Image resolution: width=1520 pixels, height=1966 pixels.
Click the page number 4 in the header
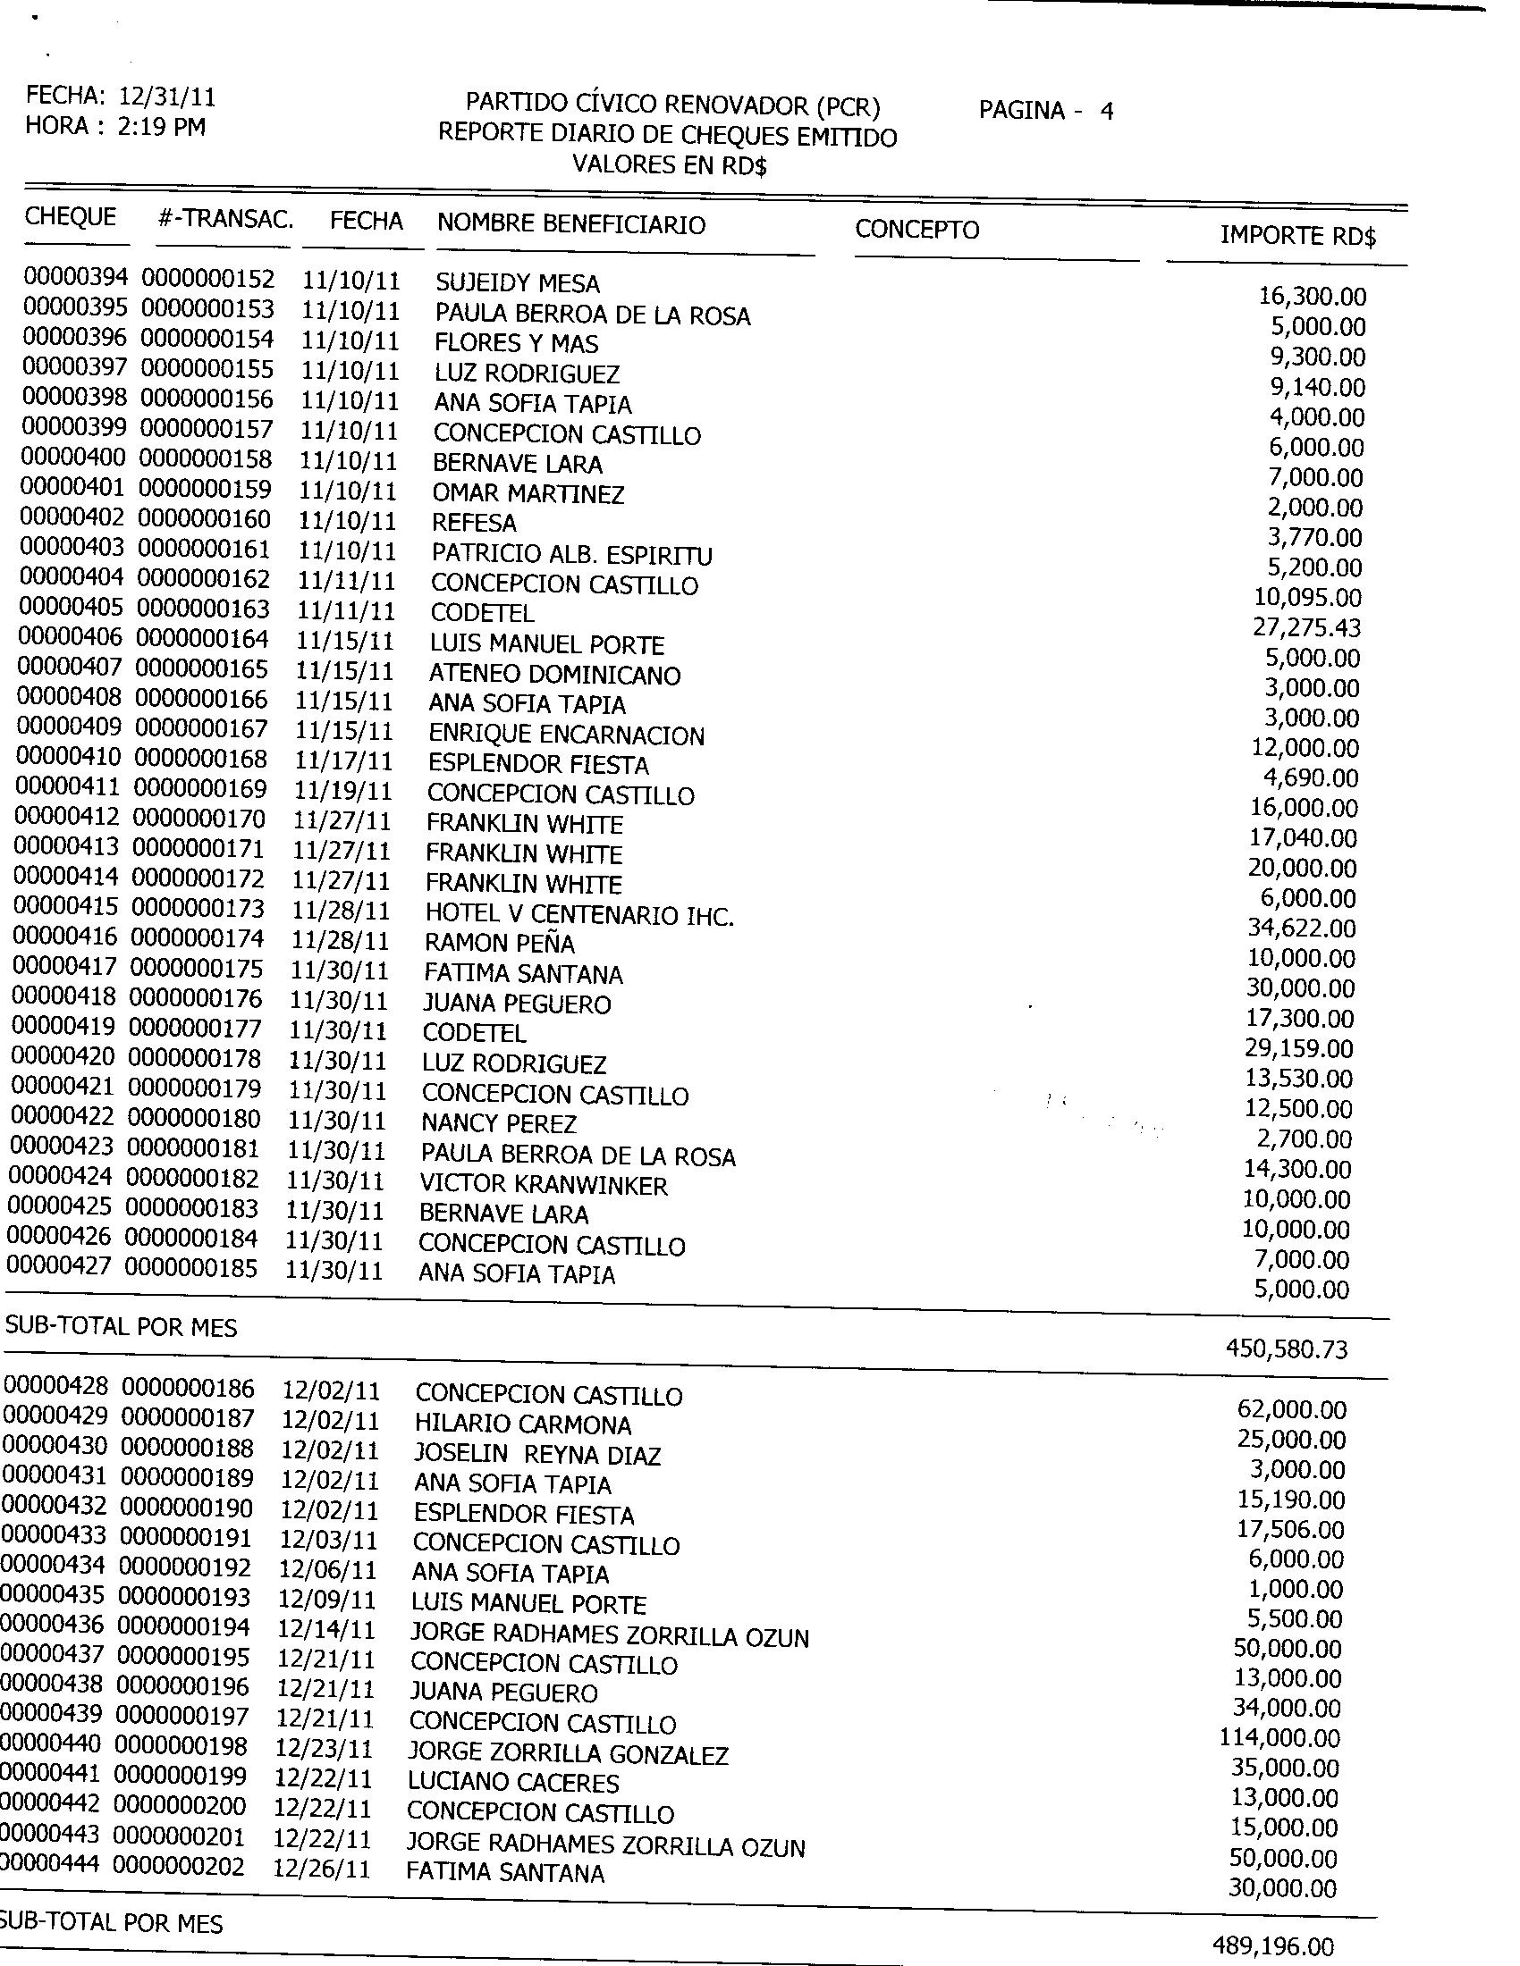pyautogui.click(x=1107, y=111)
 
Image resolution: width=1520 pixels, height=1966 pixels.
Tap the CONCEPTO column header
pyautogui.click(x=916, y=230)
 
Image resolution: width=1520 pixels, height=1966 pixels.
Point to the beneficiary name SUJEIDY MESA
pyautogui.click(x=517, y=283)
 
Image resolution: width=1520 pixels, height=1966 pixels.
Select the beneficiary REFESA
pyautogui.click(x=475, y=523)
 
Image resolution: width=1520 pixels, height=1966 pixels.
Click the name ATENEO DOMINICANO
pyautogui.click(x=553, y=674)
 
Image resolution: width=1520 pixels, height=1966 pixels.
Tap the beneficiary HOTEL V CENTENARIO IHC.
pyautogui.click(x=579, y=914)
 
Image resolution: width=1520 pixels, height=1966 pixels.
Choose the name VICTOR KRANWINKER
pyautogui.click(x=544, y=1186)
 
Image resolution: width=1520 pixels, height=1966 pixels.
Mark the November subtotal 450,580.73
pyautogui.click(x=1287, y=1348)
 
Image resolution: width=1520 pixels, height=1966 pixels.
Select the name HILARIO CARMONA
pyautogui.click(x=523, y=1424)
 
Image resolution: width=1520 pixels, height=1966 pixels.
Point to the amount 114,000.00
pyautogui.click(x=1279, y=1737)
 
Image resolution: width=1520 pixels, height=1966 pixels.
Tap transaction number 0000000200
pyautogui.click(x=180, y=1808)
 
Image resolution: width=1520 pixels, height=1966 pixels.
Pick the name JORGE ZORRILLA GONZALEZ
pyautogui.click(x=567, y=1753)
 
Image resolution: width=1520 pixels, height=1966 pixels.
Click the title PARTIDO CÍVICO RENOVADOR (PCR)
pyautogui.click(x=671, y=106)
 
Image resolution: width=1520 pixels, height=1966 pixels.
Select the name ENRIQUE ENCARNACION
pyautogui.click(x=566, y=735)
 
